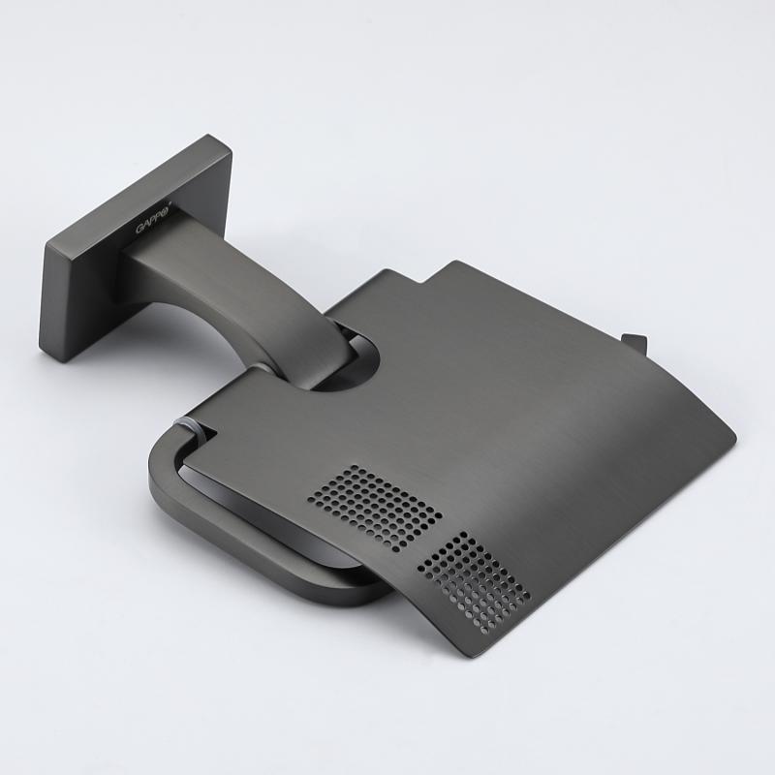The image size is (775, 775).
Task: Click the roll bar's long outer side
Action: tap(262, 572)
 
